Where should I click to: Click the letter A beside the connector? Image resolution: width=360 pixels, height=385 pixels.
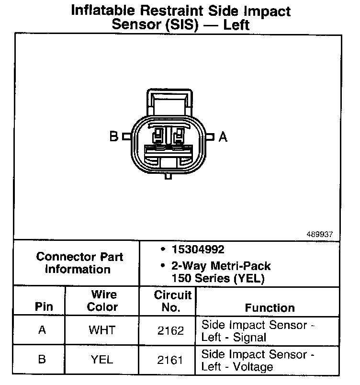click(223, 137)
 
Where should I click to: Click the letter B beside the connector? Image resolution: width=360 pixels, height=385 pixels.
click(114, 137)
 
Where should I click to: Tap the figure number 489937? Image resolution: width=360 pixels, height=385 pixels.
click(319, 235)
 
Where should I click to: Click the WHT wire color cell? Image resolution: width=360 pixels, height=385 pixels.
click(101, 331)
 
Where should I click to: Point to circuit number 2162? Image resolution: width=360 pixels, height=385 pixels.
click(170, 331)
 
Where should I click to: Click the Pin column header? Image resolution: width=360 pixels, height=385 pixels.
click(44, 307)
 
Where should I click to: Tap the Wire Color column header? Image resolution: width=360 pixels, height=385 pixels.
click(102, 301)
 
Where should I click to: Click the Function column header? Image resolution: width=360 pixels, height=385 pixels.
click(270, 307)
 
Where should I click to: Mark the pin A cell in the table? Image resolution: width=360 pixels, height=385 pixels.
click(42, 331)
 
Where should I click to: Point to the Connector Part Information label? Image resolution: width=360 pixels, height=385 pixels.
click(79, 262)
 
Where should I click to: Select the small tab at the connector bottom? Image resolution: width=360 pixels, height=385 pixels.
click(168, 177)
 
